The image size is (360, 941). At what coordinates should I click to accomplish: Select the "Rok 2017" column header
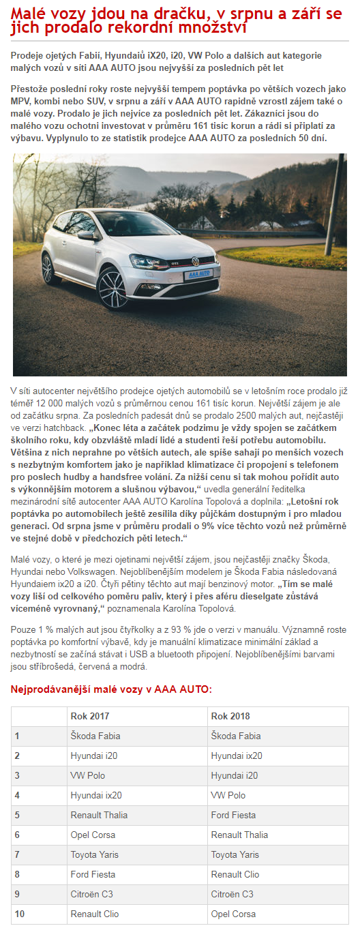click(x=90, y=716)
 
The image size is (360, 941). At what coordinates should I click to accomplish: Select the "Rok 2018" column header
click(x=230, y=716)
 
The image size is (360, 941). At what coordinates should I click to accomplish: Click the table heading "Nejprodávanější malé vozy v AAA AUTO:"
click(x=111, y=689)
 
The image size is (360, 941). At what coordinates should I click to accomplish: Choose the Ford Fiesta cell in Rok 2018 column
click(x=233, y=815)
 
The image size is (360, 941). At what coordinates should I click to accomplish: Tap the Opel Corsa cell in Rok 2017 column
click(x=94, y=835)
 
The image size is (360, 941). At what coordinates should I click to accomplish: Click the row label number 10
click(x=20, y=914)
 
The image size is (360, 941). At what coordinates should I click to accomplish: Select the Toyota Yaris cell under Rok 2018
click(x=235, y=854)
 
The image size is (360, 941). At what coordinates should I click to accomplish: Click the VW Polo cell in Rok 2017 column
click(x=88, y=775)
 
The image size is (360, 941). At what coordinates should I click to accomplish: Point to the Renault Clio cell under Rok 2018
click(x=235, y=874)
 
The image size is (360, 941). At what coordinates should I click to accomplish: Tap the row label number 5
click(x=17, y=815)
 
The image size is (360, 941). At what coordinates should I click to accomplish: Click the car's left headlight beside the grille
click(x=147, y=263)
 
